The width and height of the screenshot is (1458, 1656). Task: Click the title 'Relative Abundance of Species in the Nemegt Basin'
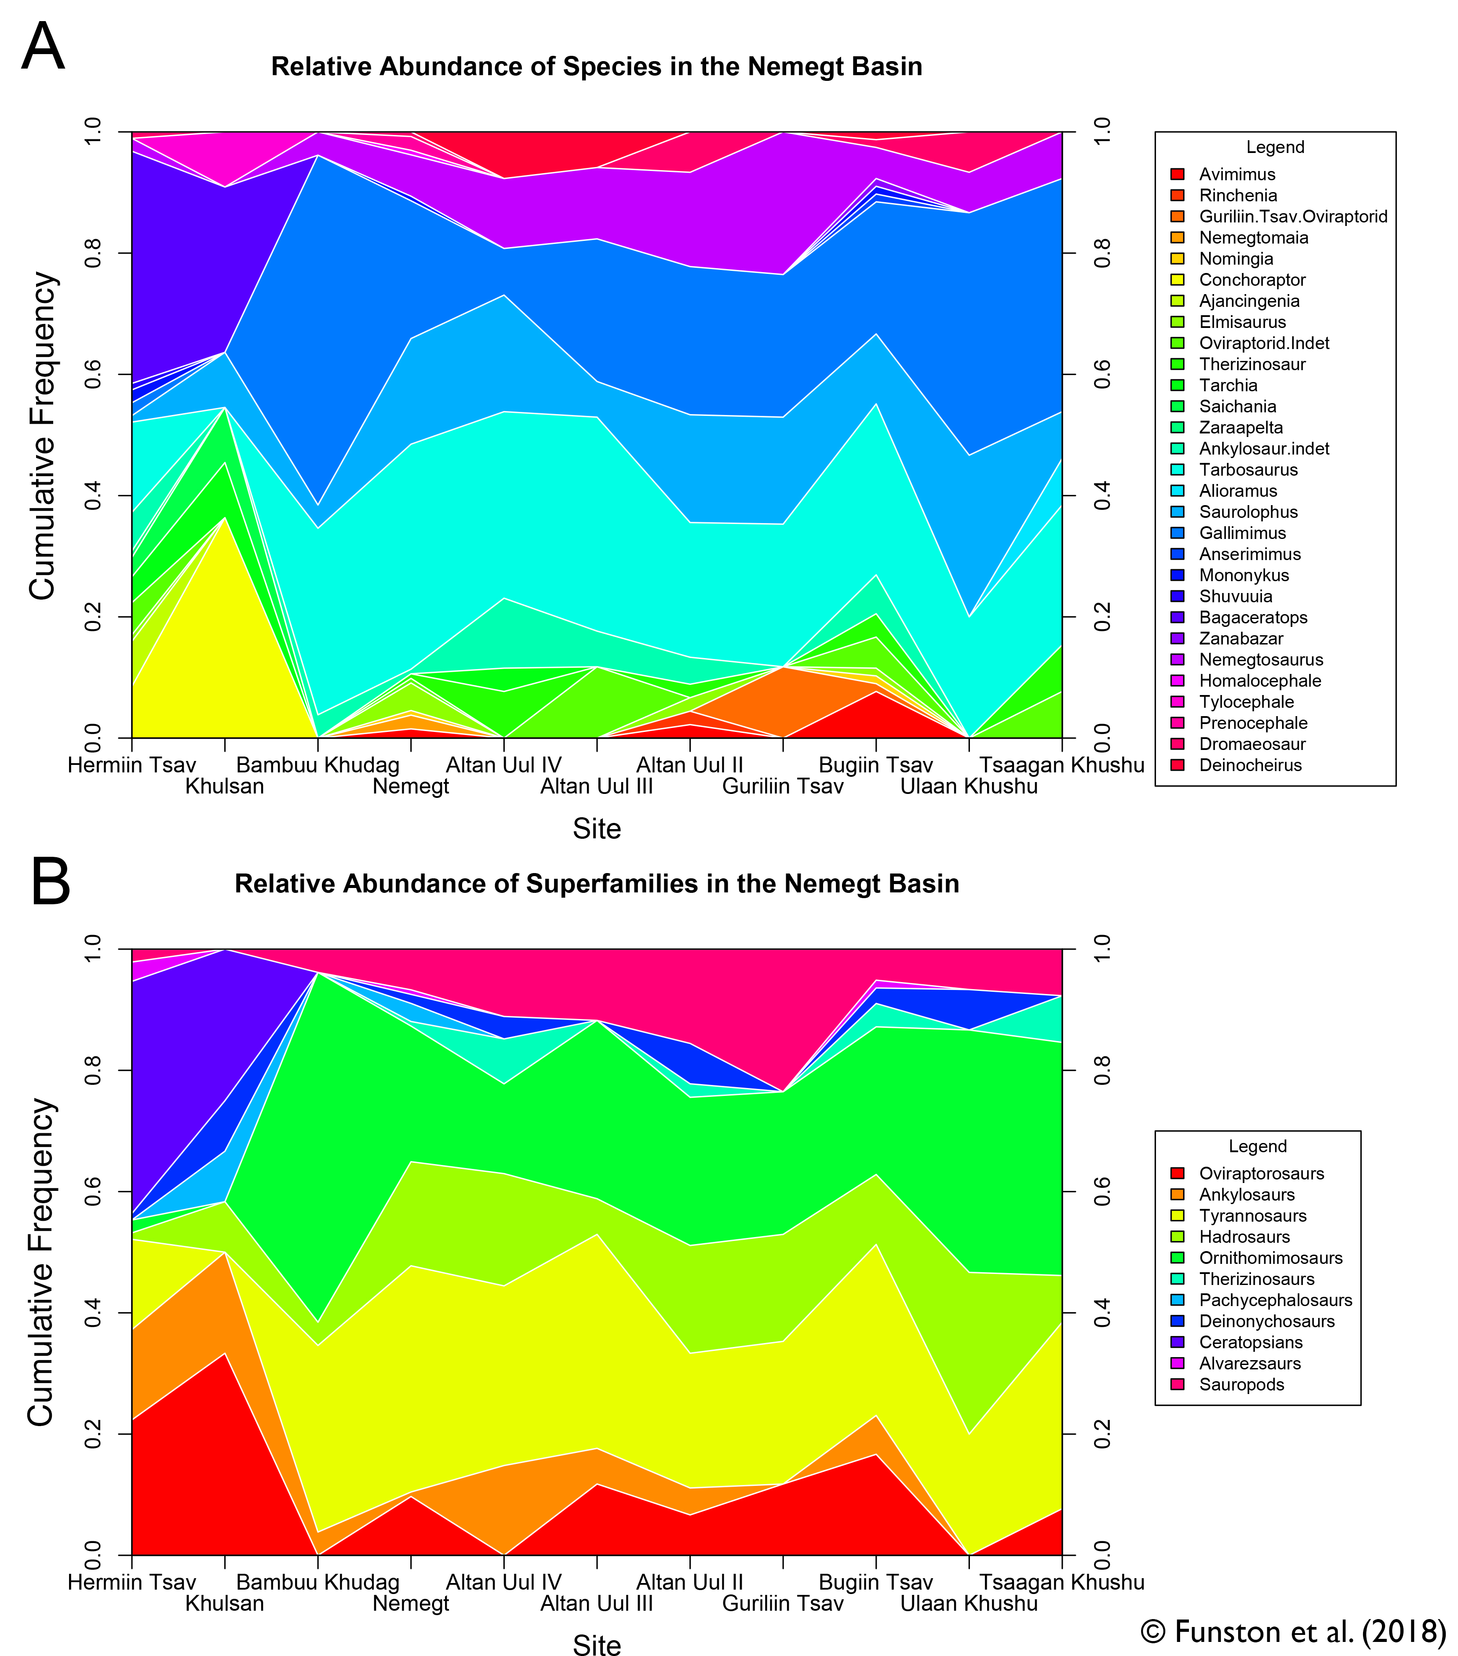click(597, 66)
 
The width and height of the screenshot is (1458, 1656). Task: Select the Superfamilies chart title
click(597, 883)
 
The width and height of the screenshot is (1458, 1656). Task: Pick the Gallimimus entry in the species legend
click(1243, 533)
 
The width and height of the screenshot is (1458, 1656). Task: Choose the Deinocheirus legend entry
click(1250, 765)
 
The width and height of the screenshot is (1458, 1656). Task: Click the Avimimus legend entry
click(1237, 174)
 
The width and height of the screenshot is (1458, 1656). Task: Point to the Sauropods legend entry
click(1242, 1385)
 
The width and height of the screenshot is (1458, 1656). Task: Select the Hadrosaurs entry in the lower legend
click(1244, 1236)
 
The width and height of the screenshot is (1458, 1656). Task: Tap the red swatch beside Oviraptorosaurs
click(1177, 1173)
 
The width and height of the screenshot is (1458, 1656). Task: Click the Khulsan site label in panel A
click(225, 787)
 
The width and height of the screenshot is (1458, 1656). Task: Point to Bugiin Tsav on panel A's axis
click(875, 765)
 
